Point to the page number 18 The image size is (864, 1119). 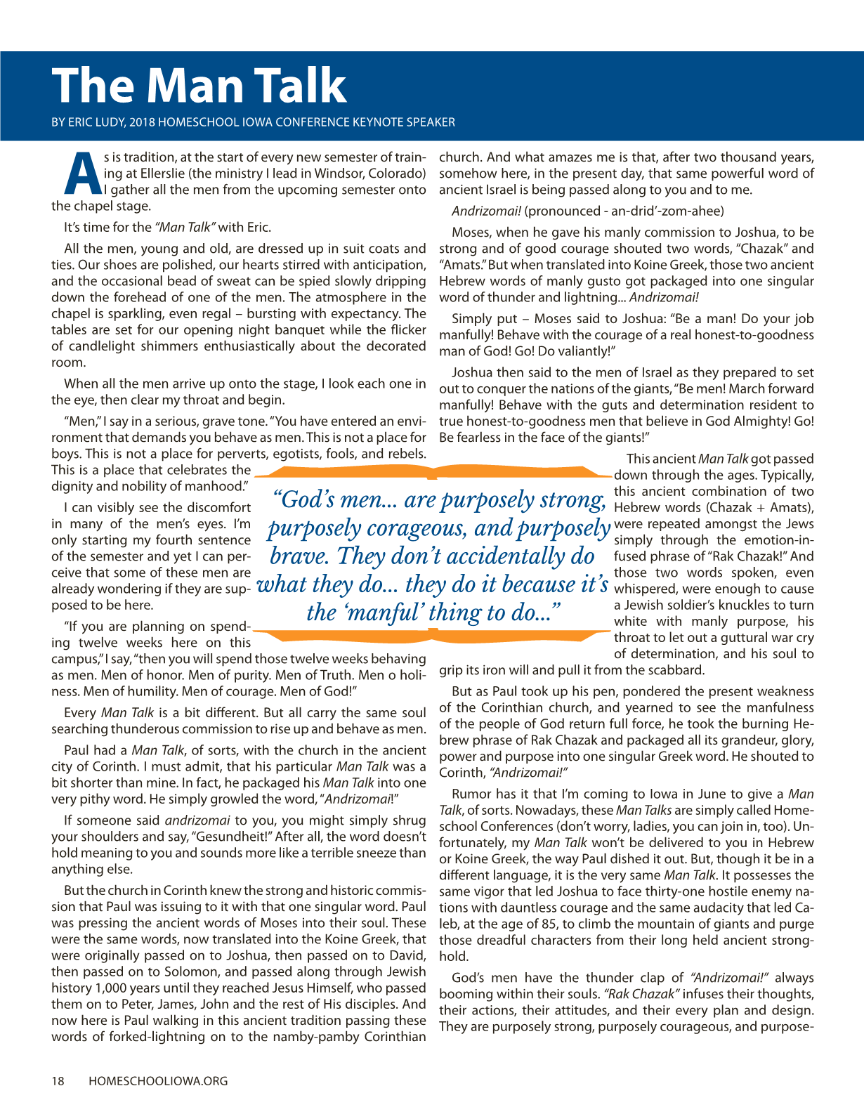tap(58, 1081)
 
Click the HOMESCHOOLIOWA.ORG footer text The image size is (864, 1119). tap(158, 1081)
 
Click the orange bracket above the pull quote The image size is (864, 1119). tap(432, 471)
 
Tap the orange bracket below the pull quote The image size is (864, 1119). tap(432, 636)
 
